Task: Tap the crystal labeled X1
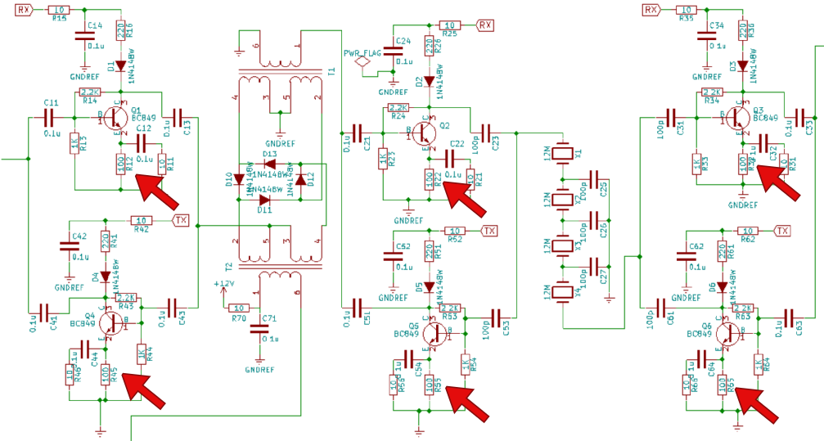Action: (562, 153)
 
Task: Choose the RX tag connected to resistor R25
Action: (486, 25)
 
